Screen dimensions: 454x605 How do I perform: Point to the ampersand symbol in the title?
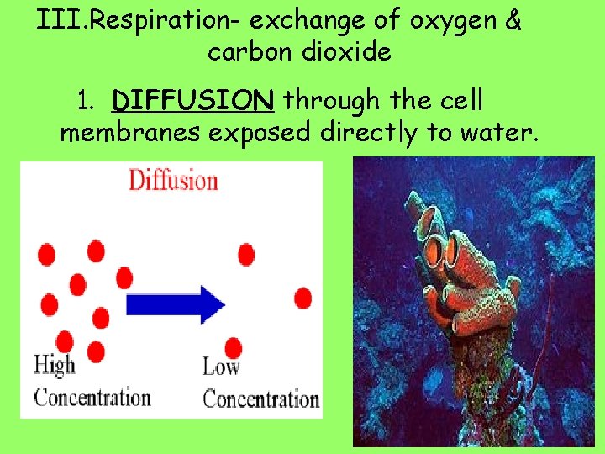514,21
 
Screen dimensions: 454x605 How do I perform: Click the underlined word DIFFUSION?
193,102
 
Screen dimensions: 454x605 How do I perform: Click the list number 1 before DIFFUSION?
84,102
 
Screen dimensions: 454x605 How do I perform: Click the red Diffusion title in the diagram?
172,180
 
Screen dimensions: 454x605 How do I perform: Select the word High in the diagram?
54,366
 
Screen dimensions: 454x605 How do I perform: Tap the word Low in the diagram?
221,367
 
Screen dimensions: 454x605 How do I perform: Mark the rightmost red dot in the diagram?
303,298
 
